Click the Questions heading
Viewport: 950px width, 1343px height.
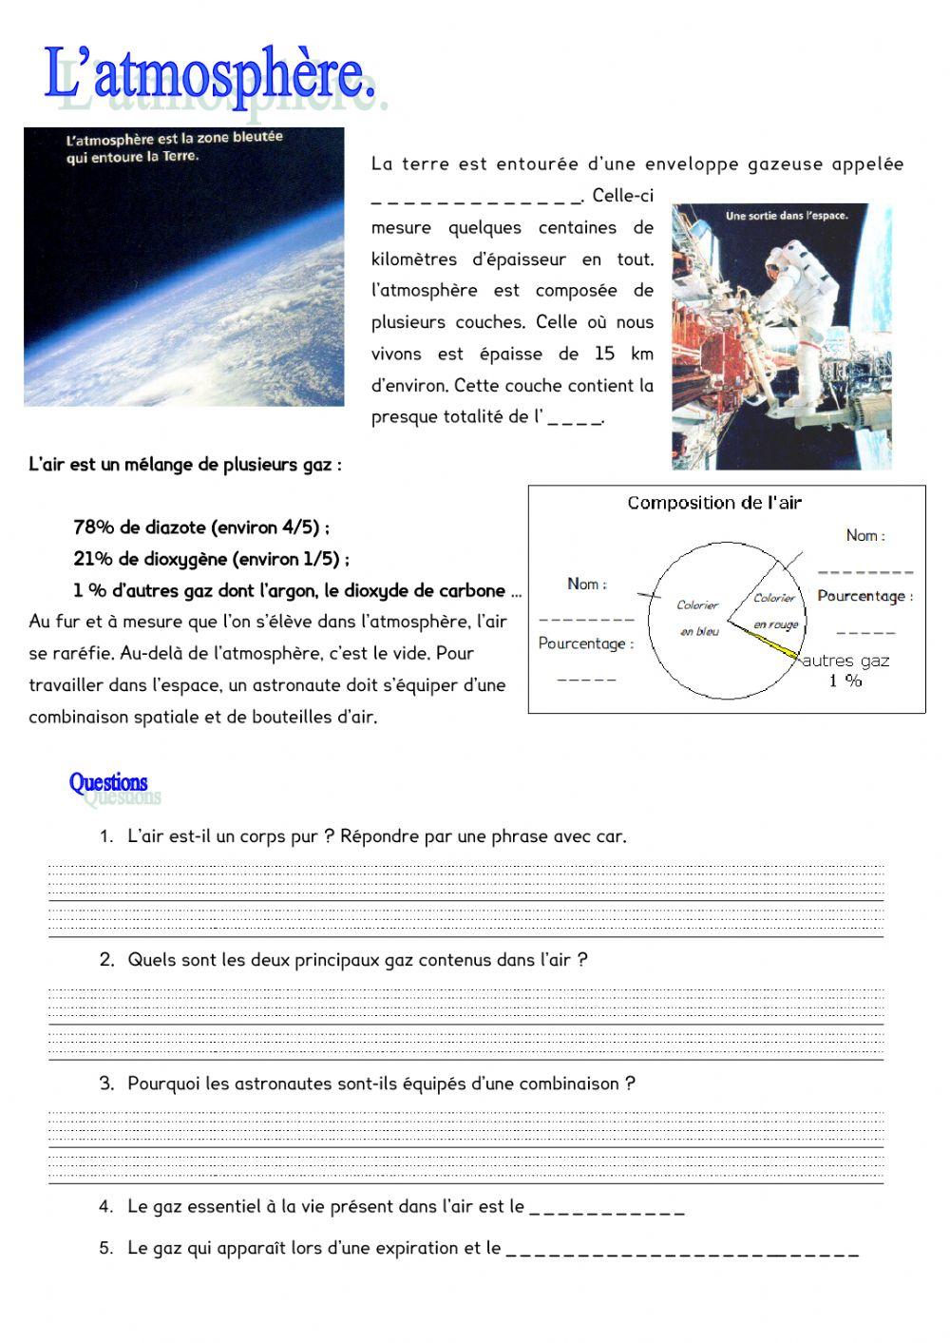point(108,782)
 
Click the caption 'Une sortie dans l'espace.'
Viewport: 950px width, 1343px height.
point(786,216)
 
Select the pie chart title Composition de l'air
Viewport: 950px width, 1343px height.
point(713,503)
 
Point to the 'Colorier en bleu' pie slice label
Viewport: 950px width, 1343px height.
point(698,618)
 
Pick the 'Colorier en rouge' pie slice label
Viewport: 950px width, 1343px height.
point(775,610)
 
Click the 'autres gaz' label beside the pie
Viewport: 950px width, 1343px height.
point(845,661)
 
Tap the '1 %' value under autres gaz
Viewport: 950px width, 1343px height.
point(845,681)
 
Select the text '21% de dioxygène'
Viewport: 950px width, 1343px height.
point(152,559)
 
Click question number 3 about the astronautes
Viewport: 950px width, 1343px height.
point(380,1084)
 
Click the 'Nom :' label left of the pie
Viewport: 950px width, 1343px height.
point(586,584)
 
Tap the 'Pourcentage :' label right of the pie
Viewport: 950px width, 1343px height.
point(864,596)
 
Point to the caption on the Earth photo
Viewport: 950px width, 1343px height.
point(174,147)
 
